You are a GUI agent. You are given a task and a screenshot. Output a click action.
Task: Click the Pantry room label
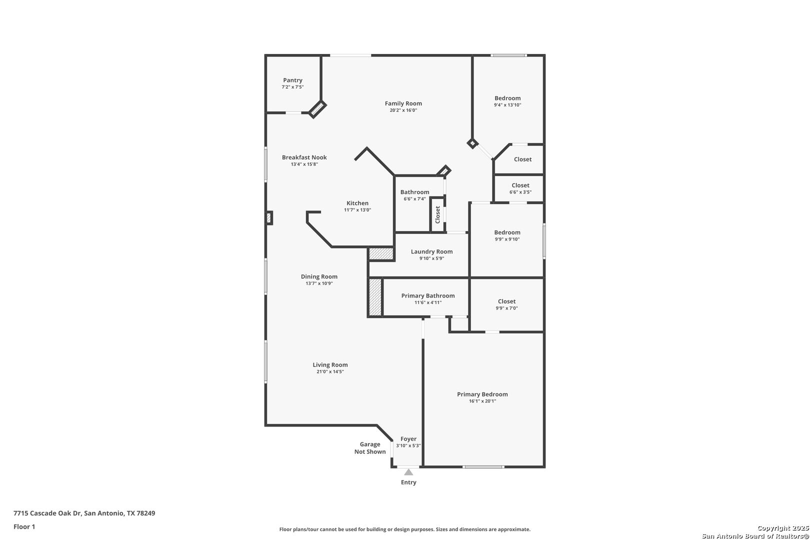(292, 80)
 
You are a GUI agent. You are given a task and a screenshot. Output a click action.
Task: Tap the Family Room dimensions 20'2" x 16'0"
(403, 110)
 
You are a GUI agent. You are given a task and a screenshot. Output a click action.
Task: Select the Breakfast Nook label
(304, 157)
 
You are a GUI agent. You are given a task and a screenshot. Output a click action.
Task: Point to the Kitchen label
(357, 203)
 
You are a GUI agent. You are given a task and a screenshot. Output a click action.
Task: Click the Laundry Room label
(431, 251)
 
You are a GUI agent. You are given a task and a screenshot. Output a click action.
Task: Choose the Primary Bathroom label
(428, 296)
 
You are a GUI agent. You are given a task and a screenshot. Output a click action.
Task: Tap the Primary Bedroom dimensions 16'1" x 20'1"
(482, 401)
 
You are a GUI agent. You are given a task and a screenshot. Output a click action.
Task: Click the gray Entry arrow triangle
(408, 472)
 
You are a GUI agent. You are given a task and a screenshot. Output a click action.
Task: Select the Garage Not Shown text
(370, 448)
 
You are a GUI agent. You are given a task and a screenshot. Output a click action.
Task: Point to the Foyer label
(408, 439)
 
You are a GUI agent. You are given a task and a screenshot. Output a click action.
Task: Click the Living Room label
(330, 365)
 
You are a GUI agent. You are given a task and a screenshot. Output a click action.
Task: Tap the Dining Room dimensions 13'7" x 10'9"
(319, 283)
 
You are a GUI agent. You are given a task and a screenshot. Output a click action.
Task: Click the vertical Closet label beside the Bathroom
(437, 215)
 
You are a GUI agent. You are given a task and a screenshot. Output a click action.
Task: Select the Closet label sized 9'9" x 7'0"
(506, 301)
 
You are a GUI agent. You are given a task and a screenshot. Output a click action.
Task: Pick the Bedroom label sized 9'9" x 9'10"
(507, 232)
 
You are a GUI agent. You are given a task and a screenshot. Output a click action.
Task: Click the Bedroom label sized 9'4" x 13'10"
(507, 98)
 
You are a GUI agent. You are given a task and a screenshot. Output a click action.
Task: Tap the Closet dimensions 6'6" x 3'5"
(520, 192)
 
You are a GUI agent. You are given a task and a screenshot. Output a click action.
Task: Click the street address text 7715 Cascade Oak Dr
(47, 513)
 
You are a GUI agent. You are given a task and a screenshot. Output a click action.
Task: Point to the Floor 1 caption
(24, 527)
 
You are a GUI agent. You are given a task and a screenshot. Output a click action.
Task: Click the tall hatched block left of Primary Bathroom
(375, 297)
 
